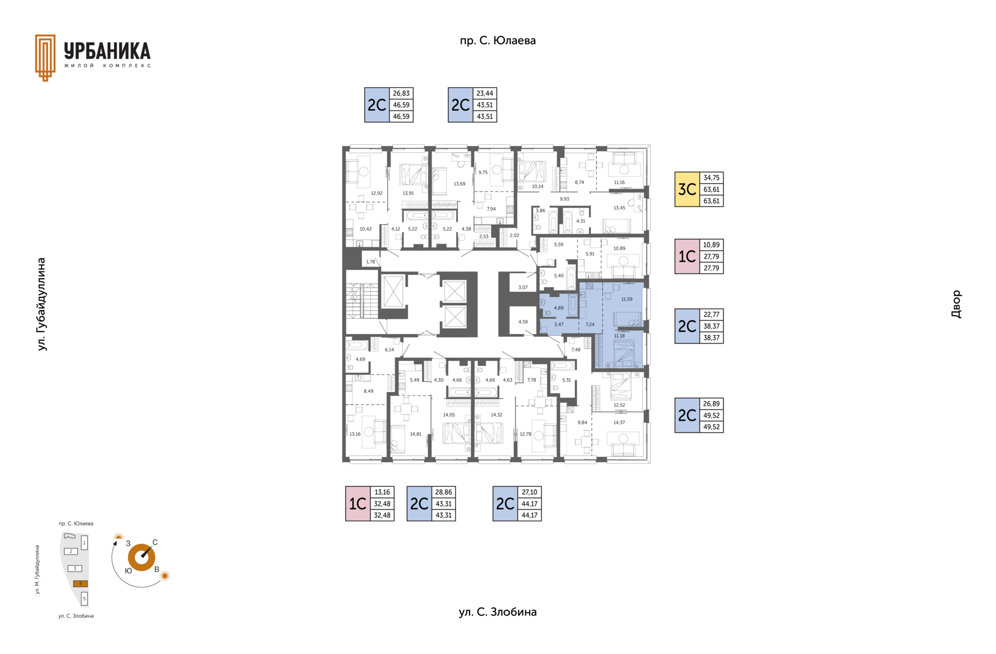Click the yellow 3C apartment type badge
[x=687, y=189]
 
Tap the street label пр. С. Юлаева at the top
[x=497, y=40]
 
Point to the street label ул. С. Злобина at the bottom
[x=497, y=612]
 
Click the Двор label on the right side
[x=956, y=304]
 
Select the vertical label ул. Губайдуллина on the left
[x=41, y=304]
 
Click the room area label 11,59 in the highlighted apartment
[x=627, y=299]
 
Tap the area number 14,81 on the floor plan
[x=416, y=434]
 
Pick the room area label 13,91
[x=408, y=193]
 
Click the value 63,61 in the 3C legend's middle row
[x=711, y=189]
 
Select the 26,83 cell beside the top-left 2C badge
[x=401, y=93]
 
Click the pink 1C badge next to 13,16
[x=358, y=503]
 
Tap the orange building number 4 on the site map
[x=80, y=583]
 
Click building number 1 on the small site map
[x=84, y=543]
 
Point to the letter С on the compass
[x=155, y=542]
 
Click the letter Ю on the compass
[x=128, y=570]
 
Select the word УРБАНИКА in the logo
[x=107, y=51]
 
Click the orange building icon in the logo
[x=45, y=58]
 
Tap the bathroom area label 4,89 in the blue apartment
[x=559, y=308]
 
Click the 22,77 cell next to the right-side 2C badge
[x=711, y=315]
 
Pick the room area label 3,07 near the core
[x=523, y=287]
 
